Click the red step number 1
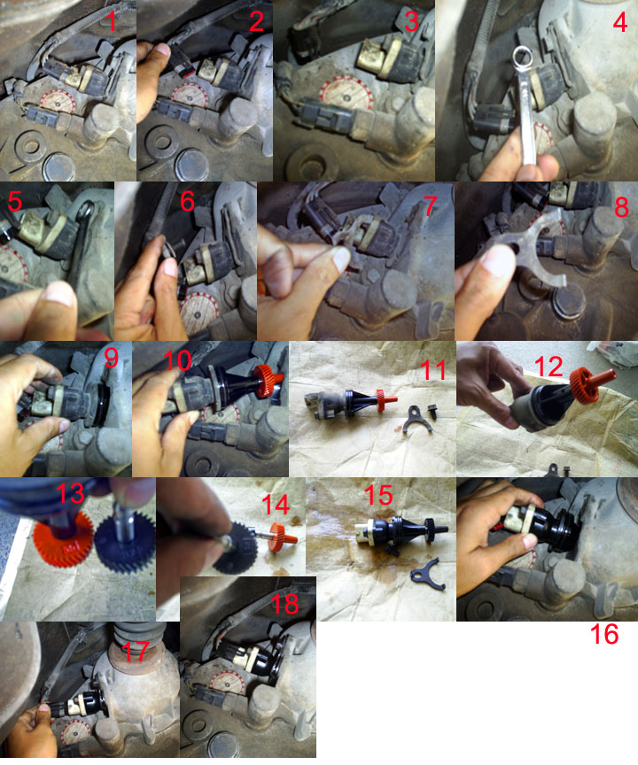(112, 21)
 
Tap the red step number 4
(619, 22)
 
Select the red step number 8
(621, 206)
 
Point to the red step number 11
(433, 370)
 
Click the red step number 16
(604, 634)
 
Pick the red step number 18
(284, 604)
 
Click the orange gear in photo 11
(380, 398)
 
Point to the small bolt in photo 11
(432, 412)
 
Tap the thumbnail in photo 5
(58, 296)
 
